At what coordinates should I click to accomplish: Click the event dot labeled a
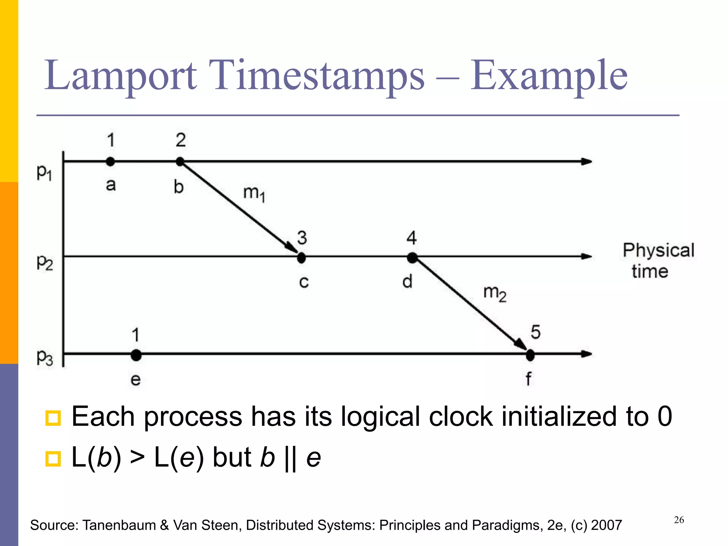tap(111, 162)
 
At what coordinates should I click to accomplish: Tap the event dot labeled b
tap(180, 162)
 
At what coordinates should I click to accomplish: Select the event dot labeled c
tap(301, 257)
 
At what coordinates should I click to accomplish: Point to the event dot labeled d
tap(412, 257)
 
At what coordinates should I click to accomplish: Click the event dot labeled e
tap(136, 355)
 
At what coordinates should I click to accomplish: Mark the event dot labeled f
tap(530, 355)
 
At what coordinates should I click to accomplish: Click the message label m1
tap(254, 194)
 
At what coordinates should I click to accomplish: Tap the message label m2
tap(495, 293)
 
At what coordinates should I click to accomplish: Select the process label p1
tap(44, 173)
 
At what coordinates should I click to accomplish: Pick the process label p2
tap(45, 263)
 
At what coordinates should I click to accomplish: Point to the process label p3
tap(45, 357)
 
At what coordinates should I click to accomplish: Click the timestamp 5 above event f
tap(535, 332)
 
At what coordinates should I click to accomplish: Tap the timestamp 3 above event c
tap(302, 237)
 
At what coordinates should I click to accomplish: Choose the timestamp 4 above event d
tap(412, 237)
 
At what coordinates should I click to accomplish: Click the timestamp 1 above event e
tap(135, 335)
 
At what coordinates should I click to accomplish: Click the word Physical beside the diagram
tap(658, 250)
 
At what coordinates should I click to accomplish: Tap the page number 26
tap(679, 520)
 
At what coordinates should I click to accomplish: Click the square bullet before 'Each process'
tap(53, 418)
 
